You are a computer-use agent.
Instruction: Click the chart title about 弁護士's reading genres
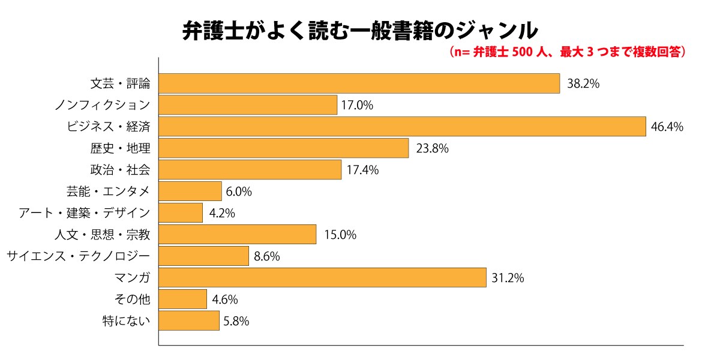360,30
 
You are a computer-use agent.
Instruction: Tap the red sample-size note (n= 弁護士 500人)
567,52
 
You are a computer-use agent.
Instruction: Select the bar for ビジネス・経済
403,127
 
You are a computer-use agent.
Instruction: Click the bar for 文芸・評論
359,84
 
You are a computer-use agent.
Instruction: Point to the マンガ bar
322,278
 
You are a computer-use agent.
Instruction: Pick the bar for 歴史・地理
283,148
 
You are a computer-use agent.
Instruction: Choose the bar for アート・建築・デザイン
181,213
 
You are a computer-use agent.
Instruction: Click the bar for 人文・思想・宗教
238,235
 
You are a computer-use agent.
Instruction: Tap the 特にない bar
189,320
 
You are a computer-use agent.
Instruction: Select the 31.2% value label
508,278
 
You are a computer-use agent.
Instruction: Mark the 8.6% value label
267,256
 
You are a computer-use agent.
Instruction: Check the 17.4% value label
362,170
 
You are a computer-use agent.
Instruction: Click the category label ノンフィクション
102,105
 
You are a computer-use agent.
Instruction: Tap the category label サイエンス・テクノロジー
78,256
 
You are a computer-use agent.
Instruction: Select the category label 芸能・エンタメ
108,191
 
